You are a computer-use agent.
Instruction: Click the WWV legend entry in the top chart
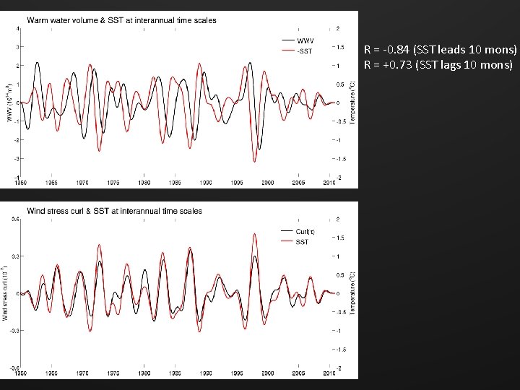pos(304,40)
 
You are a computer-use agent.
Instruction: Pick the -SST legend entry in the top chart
pos(304,51)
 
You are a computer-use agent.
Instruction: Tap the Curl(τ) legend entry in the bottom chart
pos(304,231)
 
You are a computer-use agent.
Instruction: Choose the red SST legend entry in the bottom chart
pos(302,242)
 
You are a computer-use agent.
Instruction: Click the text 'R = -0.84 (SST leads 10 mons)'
pos(441,50)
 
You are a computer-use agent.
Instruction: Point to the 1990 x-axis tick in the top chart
pos(206,183)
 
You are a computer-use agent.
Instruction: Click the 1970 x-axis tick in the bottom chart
pos(82,373)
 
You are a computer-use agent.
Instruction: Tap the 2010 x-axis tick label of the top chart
pos(329,183)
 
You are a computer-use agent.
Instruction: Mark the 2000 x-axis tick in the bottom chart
pos(267,373)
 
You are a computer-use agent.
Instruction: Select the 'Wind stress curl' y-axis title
pos(6,296)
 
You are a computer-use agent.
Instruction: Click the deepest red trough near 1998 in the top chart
pos(254,161)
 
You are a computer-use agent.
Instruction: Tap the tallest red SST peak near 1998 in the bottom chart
pos(255,234)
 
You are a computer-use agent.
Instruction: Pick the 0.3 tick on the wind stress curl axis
pos(14,256)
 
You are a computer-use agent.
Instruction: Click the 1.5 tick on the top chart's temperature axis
pos(337,48)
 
